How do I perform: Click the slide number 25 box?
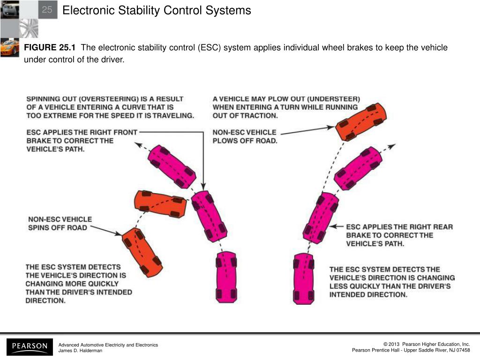[47, 10]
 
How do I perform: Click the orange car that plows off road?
[361, 121]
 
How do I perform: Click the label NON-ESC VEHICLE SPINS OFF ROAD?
[60, 223]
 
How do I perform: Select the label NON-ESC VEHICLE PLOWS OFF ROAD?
[245, 136]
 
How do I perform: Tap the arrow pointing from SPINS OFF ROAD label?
[105, 230]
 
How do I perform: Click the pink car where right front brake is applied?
[209, 216]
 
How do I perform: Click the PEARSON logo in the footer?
[30, 347]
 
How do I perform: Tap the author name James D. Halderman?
[80, 351]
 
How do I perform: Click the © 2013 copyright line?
[426, 345]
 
